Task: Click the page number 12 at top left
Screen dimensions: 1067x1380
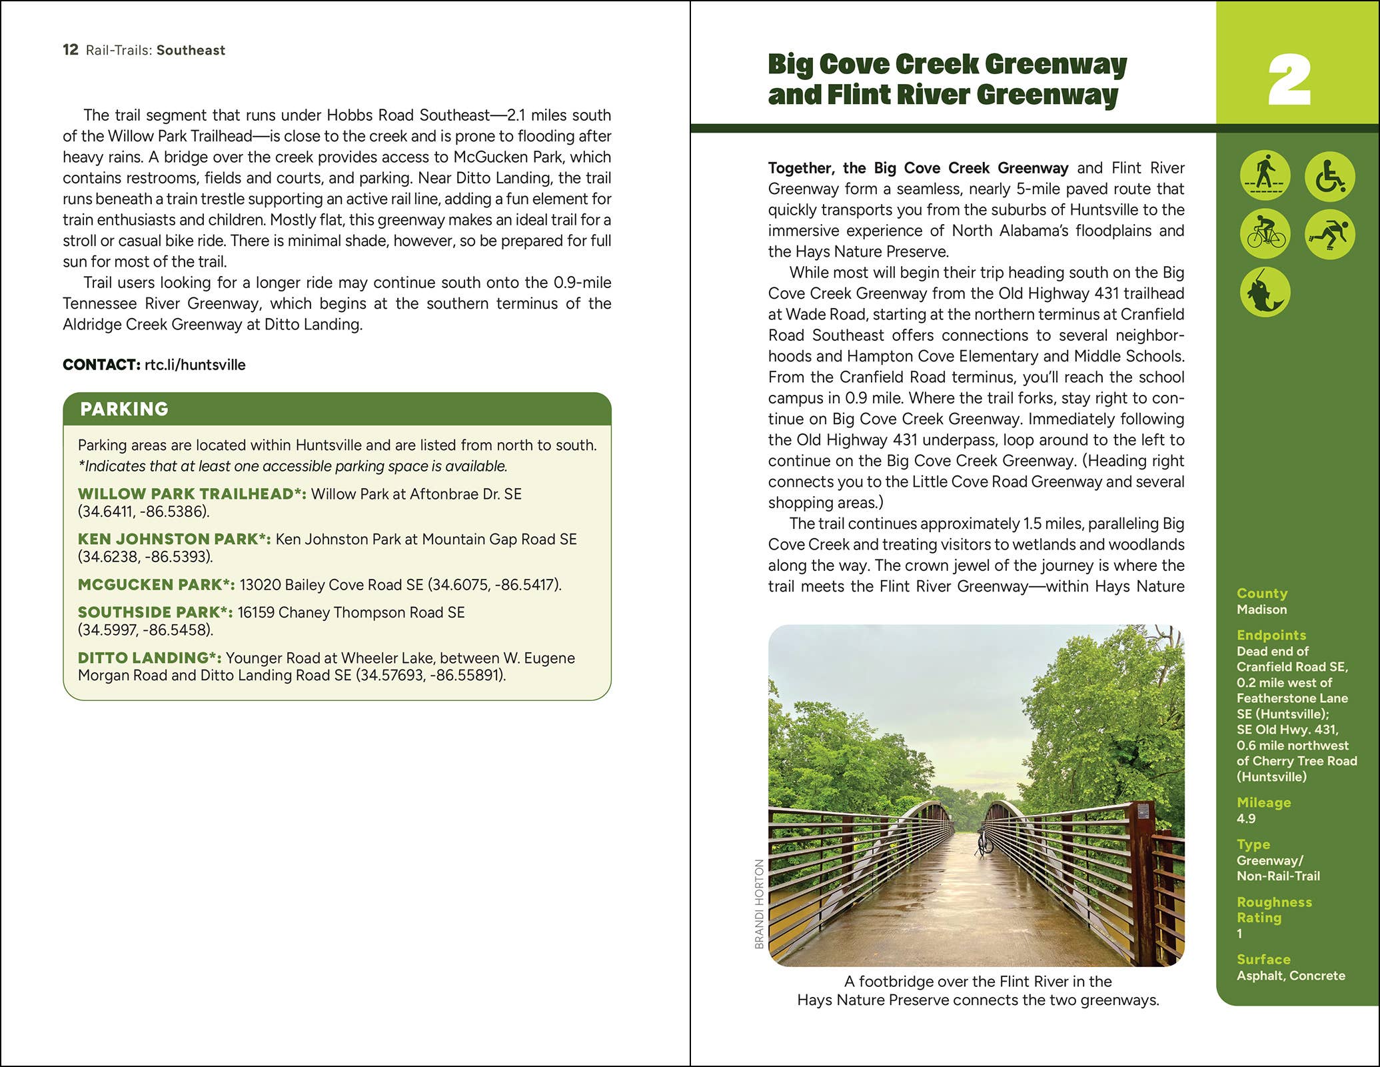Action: click(x=70, y=50)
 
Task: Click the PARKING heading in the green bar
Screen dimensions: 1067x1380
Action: click(x=124, y=409)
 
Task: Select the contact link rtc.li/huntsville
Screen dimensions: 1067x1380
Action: click(x=195, y=365)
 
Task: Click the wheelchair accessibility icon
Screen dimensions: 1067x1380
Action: click(x=1329, y=177)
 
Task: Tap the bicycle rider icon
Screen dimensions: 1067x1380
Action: click(x=1265, y=234)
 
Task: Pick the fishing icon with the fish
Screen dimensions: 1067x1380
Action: click(x=1265, y=292)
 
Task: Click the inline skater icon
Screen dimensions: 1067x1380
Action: click(x=1329, y=234)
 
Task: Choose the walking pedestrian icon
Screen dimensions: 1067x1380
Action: click(x=1265, y=176)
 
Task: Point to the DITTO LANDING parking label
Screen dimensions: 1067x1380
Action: click(x=149, y=658)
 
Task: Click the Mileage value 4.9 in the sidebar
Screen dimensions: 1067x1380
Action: click(x=1246, y=819)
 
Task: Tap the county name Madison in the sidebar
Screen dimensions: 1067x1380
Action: click(x=1261, y=610)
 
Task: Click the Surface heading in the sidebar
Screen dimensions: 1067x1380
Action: click(x=1263, y=959)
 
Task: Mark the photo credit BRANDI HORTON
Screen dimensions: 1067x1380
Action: click(x=759, y=904)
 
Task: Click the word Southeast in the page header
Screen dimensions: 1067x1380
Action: click(x=191, y=51)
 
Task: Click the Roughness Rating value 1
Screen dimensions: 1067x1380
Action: click(x=1240, y=934)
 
